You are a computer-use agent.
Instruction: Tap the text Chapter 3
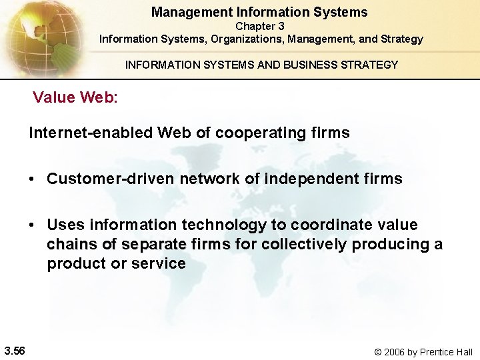pyautogui.click(x=260, y=26)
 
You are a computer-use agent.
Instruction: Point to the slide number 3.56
pyautogui.click(x=14, y=351)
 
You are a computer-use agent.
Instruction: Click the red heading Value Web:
pyautogui.click(x=75, y=97)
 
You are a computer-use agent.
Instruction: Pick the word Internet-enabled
pyautogui.click(x=91, y=133)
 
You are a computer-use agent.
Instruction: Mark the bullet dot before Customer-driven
pyautogui.click(x=32, y=179)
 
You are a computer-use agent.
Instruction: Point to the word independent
pyautogui.click(x=311, y=179)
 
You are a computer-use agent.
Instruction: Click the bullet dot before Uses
pyautogui.click(x=32, y=225)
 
